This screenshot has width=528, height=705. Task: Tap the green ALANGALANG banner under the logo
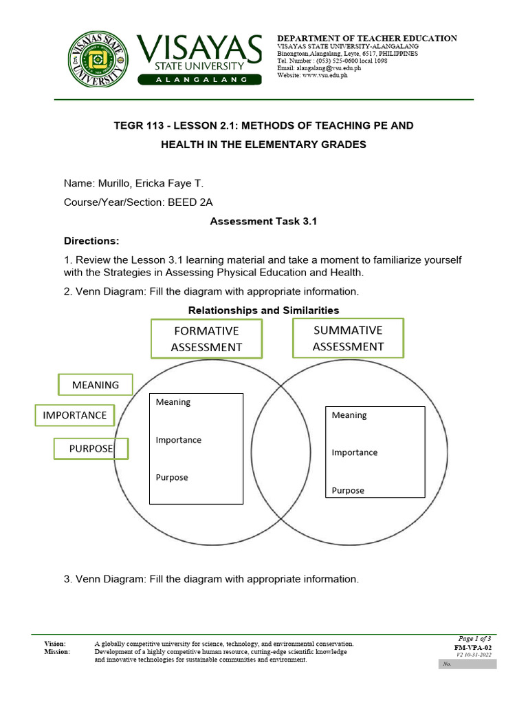point(200,80)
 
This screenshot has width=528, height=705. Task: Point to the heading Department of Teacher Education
point(366,39)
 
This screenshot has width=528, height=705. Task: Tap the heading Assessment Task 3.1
point(264,222)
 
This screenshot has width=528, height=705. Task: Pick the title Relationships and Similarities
point(264,311)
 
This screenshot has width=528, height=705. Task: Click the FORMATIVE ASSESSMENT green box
point(206,339)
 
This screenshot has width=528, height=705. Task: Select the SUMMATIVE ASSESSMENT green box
point(348,338)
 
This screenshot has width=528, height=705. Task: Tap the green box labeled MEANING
point(96,385)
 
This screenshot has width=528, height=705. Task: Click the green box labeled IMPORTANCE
point(75,415)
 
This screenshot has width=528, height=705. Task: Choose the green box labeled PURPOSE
point(91,449)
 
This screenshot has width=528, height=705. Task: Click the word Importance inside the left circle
point(179,440)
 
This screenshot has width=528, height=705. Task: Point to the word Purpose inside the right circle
point(348,490)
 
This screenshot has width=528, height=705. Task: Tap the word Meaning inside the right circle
point(349,415)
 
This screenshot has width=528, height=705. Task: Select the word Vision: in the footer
point(56,643)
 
